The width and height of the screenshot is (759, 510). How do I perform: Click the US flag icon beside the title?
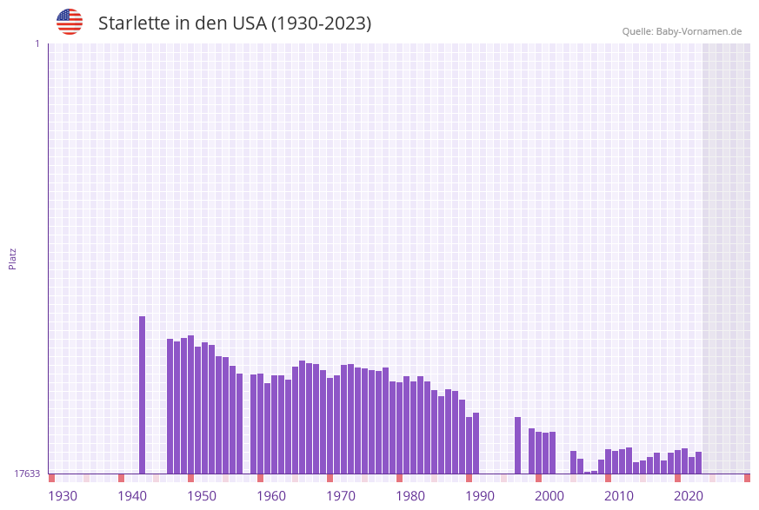pyautogui.click(x=70, y=22)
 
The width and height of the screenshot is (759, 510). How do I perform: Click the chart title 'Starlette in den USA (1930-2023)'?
pyautogui.click(x=235, y=23)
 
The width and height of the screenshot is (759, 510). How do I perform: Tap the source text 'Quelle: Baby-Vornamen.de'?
pyautogui.click(x=682, y=31)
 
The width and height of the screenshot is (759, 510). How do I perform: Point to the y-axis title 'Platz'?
pyautogui.click(x=13, y=258)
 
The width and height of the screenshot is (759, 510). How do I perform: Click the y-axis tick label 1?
pyautogui.click(x=37, y=43)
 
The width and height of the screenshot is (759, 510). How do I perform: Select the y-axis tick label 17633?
pyautogui.click(x=26, y=474)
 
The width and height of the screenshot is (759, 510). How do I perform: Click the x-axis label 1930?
pyautogui.click(x=63, y=496)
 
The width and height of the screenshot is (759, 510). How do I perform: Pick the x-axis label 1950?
pyautogui.click(x=202, y=496)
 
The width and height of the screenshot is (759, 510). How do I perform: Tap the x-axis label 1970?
pyautogui.click(x=341, y=496)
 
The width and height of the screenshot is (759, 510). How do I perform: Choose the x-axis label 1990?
pyautogui.click(x=480, y=496)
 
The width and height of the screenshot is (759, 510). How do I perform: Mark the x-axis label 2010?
pyautogui.click(x=619, y=496)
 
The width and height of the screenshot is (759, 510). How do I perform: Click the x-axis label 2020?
pyautogui.click(x=689, y=496)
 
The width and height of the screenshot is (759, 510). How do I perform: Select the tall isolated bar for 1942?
pyautogui.click(x=143, y=395)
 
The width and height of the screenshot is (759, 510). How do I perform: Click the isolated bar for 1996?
pyautogui.click(x=517, y=446)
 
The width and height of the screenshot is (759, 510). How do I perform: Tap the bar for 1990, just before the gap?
pyautogui.click(x=476, y=443)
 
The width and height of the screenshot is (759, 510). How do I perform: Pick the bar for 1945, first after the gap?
pyautogui.click(x=170, y=407)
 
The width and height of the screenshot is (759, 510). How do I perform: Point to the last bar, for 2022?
pyautogui.click(x=698, y=463)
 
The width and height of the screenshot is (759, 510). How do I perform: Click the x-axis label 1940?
pyautogui.click(x=132, y=496)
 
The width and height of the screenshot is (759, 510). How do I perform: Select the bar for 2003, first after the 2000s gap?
pyautogui.click(x=573, y=462)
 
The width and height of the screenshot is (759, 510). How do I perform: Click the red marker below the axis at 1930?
pyautogui.click(x=51, y=478)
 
